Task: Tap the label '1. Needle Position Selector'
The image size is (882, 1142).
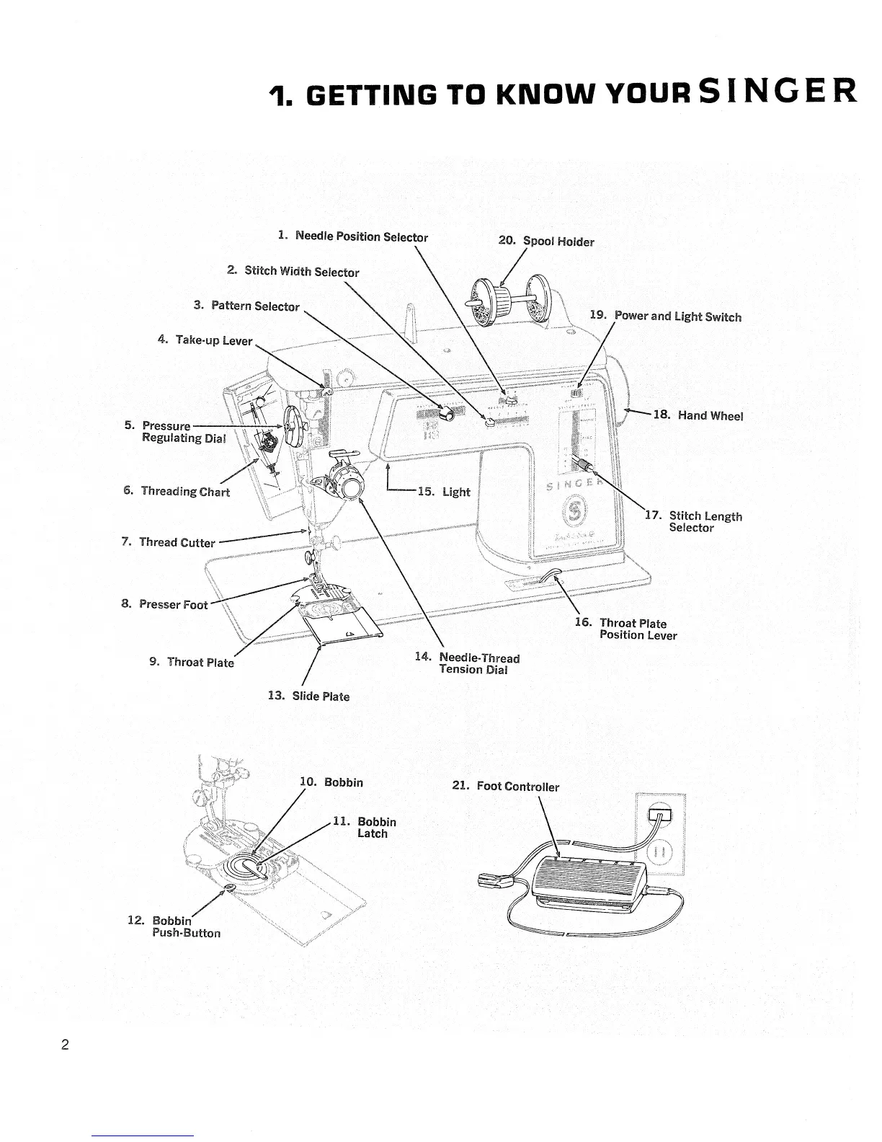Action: pyautogui.click(x=353, y=236)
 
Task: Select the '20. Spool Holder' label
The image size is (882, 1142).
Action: pyautogui.click(x=546, y=241)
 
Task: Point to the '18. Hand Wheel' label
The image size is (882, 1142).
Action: pyautogui.click(x=698, y=415)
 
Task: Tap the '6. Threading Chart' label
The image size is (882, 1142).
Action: pyautogui.click(x=177, y=491)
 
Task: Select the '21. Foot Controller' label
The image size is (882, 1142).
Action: pyautogui.click(x=505, y=786)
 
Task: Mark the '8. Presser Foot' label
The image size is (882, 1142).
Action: pyautogui.click(x=164, y=604)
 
